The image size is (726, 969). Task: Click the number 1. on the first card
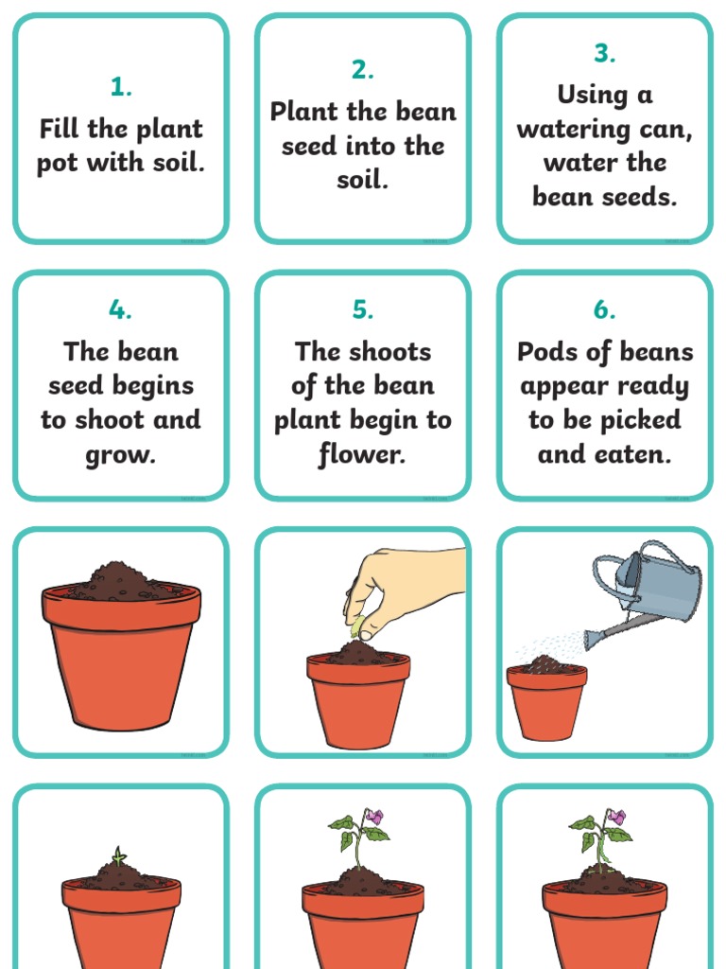121,88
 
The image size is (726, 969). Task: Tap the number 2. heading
363,70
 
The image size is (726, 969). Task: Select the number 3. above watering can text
605,54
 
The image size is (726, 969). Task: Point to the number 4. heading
121,310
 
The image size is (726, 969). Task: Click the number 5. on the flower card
363,310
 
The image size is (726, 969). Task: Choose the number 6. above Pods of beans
605,310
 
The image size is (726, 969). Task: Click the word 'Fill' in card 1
58,129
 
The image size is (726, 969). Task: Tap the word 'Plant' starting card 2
304,112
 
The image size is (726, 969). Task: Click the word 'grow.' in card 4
121,455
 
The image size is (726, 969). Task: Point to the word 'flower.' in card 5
363,455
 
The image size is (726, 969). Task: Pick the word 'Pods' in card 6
544,352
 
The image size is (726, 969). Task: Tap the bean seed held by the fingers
358,625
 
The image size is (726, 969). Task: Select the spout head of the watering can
592,639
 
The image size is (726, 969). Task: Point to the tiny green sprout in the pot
117,856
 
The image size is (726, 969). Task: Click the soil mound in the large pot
119,578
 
